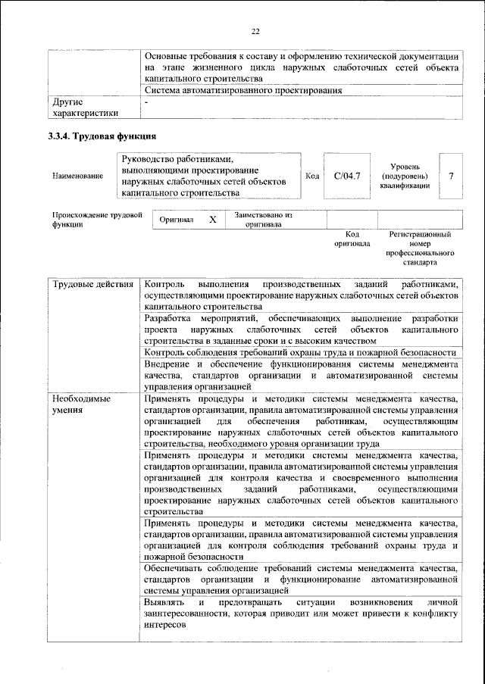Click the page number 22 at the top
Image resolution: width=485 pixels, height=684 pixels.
255,30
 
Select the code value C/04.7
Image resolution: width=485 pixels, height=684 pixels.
346,176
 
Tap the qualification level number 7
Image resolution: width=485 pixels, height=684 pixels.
451,176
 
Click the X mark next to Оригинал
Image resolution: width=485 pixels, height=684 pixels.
213,220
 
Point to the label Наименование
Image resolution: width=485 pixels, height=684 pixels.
78,176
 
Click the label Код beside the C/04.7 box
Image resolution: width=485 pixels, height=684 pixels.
311,176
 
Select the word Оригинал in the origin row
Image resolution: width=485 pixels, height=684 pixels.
177,220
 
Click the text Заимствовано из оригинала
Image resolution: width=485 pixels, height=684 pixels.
263,220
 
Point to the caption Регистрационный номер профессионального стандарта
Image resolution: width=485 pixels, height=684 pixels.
421,249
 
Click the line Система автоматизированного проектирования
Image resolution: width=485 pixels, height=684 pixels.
242,90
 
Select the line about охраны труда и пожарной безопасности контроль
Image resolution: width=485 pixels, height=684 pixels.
299,352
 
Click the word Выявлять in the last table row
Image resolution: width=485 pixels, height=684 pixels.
162,601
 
